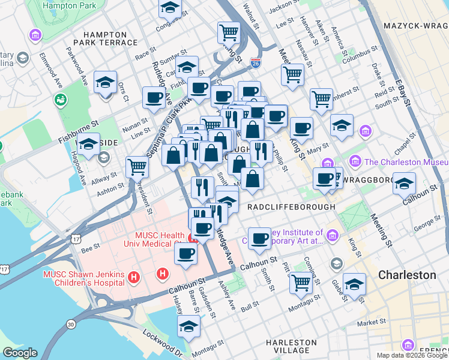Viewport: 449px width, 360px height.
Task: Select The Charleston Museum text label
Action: [406, 161]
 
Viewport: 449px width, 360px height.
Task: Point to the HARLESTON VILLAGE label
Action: [291, 347]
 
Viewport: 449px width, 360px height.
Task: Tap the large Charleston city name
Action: [407, 275]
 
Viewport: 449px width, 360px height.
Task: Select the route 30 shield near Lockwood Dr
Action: [71, 324]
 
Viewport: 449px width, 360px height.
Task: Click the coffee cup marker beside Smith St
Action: [259, 238]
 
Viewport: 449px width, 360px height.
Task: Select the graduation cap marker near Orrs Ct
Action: [106, 83]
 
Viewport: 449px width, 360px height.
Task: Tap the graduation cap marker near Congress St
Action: [170, 8]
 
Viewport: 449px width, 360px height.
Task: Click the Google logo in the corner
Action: [20, 353]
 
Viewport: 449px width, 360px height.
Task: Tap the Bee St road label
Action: [90, 247]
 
